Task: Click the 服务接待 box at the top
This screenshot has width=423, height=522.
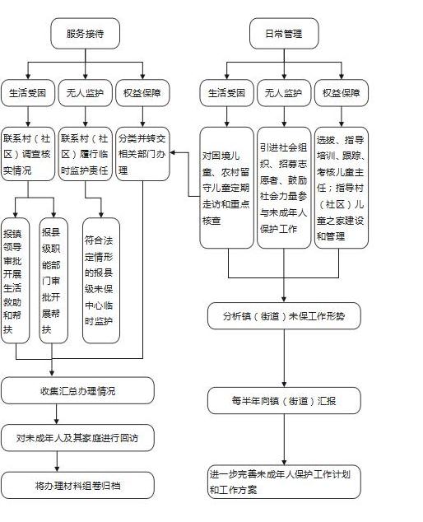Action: [85, 33]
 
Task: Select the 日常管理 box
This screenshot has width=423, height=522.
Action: [284, 33]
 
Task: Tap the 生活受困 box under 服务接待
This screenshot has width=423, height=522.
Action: [28, 93]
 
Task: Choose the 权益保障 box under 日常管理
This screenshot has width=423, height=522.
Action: [342, 93]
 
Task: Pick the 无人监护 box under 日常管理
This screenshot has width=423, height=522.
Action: [284, 93]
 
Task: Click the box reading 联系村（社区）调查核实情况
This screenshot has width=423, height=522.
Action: [28, 154]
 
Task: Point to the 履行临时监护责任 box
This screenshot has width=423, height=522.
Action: [86, 154]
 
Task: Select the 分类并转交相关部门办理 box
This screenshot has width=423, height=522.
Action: [142, 154]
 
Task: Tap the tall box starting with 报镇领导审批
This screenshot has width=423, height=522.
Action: [16, 281]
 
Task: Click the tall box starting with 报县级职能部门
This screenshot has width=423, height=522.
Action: [53, 281]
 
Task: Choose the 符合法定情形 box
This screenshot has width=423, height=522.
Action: [101, 281]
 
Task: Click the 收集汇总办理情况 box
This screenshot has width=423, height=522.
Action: [77, 390]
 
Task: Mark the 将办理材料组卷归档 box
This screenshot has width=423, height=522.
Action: [77, 485]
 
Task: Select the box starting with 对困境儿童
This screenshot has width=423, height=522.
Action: [226, 188]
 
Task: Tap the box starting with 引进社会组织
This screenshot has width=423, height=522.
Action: [284, 188]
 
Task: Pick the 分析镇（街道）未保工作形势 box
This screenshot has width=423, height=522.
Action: [284, 316]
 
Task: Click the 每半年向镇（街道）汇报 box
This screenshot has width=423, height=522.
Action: [284, 400]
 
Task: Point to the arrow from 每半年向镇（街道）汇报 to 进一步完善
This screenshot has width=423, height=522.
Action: [284, 440]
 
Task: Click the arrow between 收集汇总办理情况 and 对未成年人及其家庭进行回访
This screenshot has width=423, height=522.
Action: [57, 414]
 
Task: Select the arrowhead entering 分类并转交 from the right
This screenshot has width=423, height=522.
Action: [172, 153]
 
